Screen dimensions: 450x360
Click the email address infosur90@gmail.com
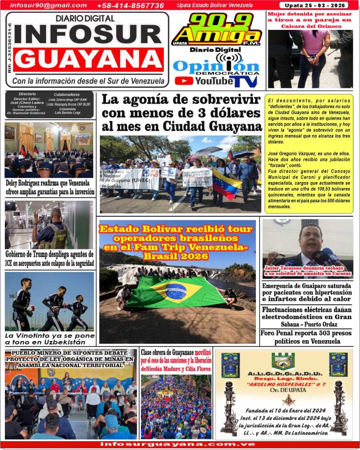click(x=48, y=5)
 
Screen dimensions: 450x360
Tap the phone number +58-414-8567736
click(x=130, y=6)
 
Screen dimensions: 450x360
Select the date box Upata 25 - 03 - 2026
click(x=313, y=6)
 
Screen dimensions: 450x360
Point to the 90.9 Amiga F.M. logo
click(x=217, y=29)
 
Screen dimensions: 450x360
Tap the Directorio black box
click(x=49, y=105)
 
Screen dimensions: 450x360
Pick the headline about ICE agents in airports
click(x=49, y=259)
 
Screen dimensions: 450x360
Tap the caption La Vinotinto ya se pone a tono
click(x=49, y=338)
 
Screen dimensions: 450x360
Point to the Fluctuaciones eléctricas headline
click(x=307, y=316)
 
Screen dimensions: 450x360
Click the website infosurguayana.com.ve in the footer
click(x=178, y=444)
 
